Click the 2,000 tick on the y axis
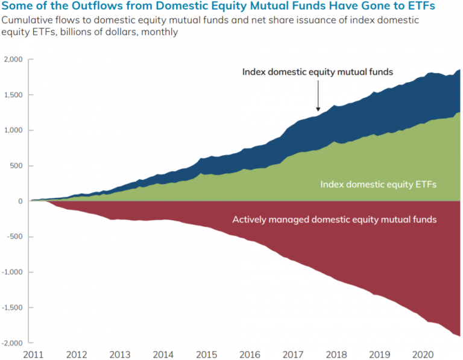[13, 59]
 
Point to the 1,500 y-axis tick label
[13, 95]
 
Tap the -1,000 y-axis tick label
[11, 272]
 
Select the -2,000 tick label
[11, 343]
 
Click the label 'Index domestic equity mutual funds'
[318, 72]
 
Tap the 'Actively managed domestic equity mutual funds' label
[334, 219]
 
